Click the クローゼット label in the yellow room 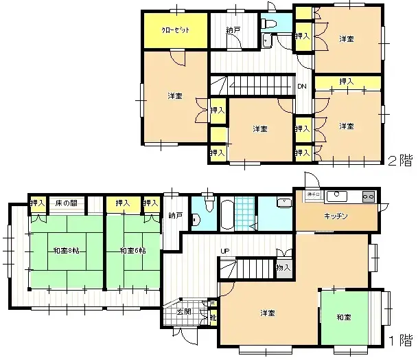pyautogui.click(x=176, y=31)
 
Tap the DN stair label pyautogui.click(x=301, y=86)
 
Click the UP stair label pyautogui.click(x=224, y=251)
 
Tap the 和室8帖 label pyautogui.click(x=65, y=251)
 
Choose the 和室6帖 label pyautogui.click(x=132, y=251)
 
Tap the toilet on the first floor pyautogui.click(x=196, y=220)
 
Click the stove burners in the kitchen pyautogui.click(x=368, y=197)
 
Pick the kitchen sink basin pyautogui.click(x=336, y=196)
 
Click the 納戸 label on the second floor pyautogui.click(x=233, y=31)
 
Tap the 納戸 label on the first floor pyautogui.click(x=175, y=216)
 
